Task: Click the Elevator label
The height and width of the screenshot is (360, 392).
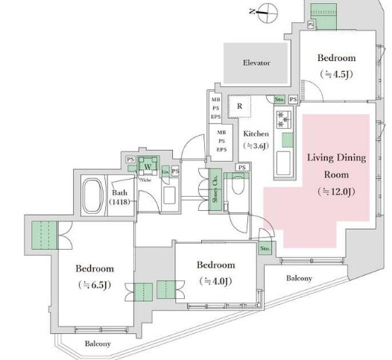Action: point(256,63)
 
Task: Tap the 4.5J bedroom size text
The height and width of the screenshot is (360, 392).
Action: point(336,74)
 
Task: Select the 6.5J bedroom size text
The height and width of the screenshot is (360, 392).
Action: point(94,285)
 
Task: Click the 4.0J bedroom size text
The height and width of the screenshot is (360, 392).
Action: point(216,281)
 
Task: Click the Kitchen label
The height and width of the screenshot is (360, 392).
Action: point(256,133)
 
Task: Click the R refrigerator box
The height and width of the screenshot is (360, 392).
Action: point(240,107)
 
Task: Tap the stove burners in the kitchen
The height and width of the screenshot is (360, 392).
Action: point(285,120)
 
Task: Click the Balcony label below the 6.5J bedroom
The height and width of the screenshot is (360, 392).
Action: point(98,344)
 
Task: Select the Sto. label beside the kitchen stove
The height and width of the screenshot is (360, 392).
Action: point(279,98)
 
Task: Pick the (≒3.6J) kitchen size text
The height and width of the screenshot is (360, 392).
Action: point(256,146)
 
